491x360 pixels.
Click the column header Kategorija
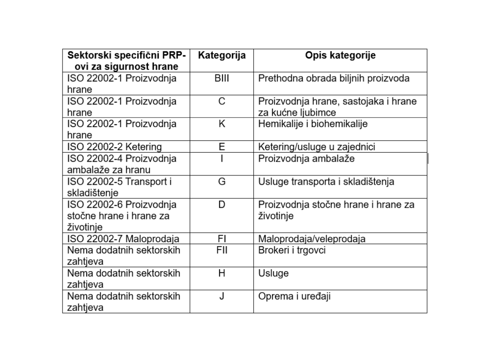pos(221,55)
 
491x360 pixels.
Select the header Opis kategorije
pos(340,55)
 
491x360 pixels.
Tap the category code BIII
pos(221,78)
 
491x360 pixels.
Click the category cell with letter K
pos(221,124)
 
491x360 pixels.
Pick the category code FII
pos(221,250)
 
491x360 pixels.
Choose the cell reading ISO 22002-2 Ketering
pos(115,146)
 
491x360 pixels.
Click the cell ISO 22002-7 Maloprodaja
pos(123,239)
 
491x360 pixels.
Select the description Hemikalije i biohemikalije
pos(313,124)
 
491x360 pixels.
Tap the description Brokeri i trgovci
pos(292,250)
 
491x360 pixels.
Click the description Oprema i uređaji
pos(294,296)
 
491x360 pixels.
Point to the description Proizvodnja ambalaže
pos(306,158)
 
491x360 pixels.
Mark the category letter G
pos(221,181)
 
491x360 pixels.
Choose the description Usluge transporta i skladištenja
pos(326,181)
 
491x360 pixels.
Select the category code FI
pos(221,239)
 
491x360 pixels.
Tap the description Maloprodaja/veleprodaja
pos(312,239)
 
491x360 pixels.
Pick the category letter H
pos(221,273)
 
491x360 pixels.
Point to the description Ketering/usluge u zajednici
pos(317,146)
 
